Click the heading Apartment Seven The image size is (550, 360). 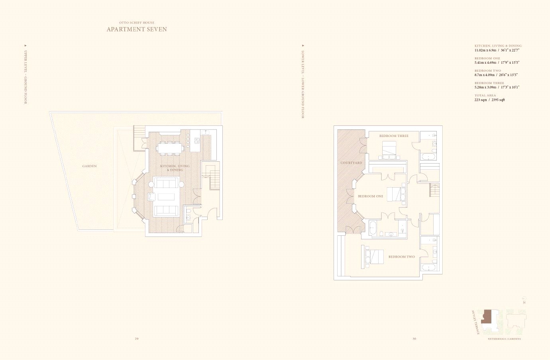tap(137, 29)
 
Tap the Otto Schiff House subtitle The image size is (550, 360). tap(137, 23)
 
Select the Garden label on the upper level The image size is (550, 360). tap(89, 166)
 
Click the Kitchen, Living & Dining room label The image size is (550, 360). tap(175, 168)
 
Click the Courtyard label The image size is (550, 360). tap(351, 163)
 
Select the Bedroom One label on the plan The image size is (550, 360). tap(370, 196)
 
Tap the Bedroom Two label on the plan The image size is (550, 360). tap(401, 257)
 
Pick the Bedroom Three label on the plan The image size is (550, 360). tap(394, 136)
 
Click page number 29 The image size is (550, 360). tap(137, 338)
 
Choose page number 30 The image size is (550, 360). tap(414, 338)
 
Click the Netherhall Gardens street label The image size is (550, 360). tap(504, 339)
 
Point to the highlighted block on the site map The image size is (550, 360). tap(487, 317)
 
